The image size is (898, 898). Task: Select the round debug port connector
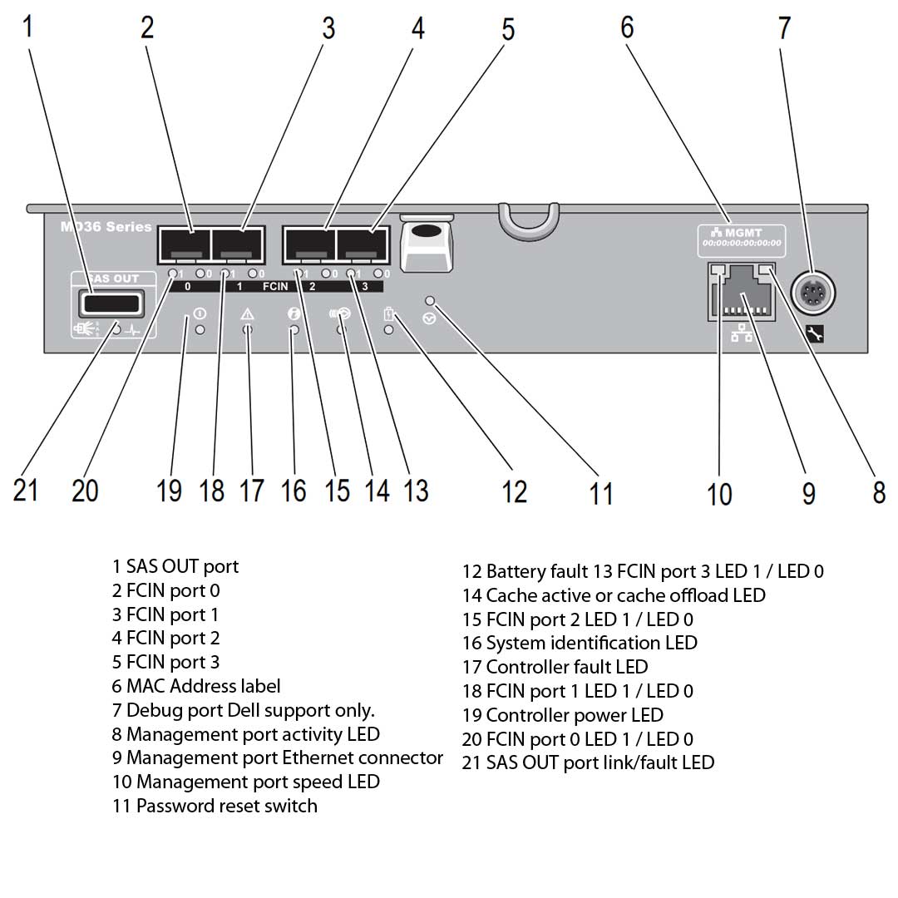[812, 293]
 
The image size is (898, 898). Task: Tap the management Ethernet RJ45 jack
[740, 294]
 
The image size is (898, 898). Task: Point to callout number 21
[26, 490]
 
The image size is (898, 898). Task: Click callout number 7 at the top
[784, 27]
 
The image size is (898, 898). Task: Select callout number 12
[515, 491]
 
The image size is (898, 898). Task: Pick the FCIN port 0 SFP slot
[184, 245]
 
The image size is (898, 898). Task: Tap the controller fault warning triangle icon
[248, 314]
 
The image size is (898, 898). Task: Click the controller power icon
[200, 313]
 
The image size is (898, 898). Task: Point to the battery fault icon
[388, 314]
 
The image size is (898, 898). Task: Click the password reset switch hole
[430, 300]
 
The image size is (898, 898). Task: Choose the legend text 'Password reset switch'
[215, 806]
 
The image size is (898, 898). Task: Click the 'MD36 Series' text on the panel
[106, 226]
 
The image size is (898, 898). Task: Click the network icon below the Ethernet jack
[739, 333]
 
